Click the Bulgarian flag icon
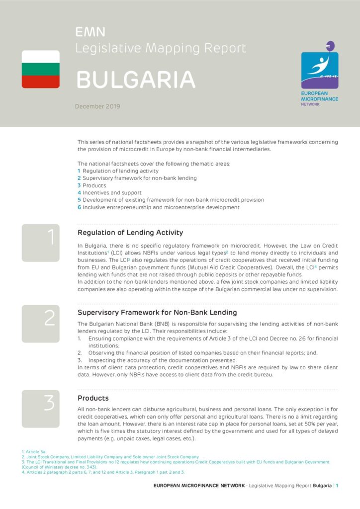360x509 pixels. pos(41,69)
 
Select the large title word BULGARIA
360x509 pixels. pos(135,80)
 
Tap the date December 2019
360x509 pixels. pos(97,106)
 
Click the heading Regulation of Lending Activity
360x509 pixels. pos(130,233)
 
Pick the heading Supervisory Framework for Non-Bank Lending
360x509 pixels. pos(157,313)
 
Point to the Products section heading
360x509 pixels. pos(93,398)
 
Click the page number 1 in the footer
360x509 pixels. pos(337,486)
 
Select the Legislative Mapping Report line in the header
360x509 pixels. pos(161,48)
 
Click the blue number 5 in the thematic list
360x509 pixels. pos(79,200)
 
